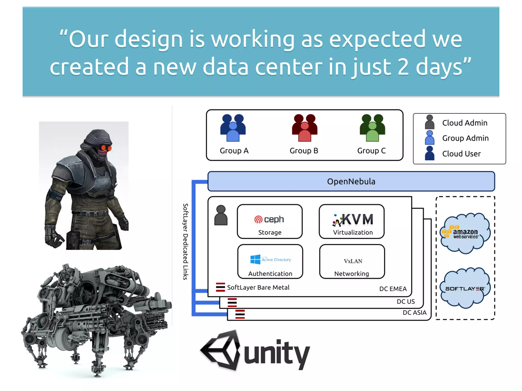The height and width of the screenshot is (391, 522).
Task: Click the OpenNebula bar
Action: (x=351, y=181)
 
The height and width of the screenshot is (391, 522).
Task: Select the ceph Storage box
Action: (x=270, y=221)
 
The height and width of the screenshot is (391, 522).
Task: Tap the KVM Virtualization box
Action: (x=352, y=221)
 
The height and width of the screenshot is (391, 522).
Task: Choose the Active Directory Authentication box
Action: (x=270, y=262)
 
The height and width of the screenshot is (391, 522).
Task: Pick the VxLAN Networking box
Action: (x=352, y=262)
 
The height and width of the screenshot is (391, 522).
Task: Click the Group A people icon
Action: (x=233, y=128)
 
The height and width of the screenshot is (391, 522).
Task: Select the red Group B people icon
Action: (x=305, y=128)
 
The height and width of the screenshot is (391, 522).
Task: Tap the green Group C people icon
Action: (x=372, y=128)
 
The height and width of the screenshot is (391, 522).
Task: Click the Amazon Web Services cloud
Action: (x=465, y=233)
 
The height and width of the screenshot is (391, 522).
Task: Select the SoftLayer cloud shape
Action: (x=465, y=288)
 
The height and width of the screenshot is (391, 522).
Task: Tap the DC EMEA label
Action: (x=393, y=289)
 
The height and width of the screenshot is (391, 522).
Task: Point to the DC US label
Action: (x=406, y=302)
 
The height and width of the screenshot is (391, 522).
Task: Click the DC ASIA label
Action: (x=414, y=313)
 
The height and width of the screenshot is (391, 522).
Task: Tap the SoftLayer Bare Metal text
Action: (x=258, y=287)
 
